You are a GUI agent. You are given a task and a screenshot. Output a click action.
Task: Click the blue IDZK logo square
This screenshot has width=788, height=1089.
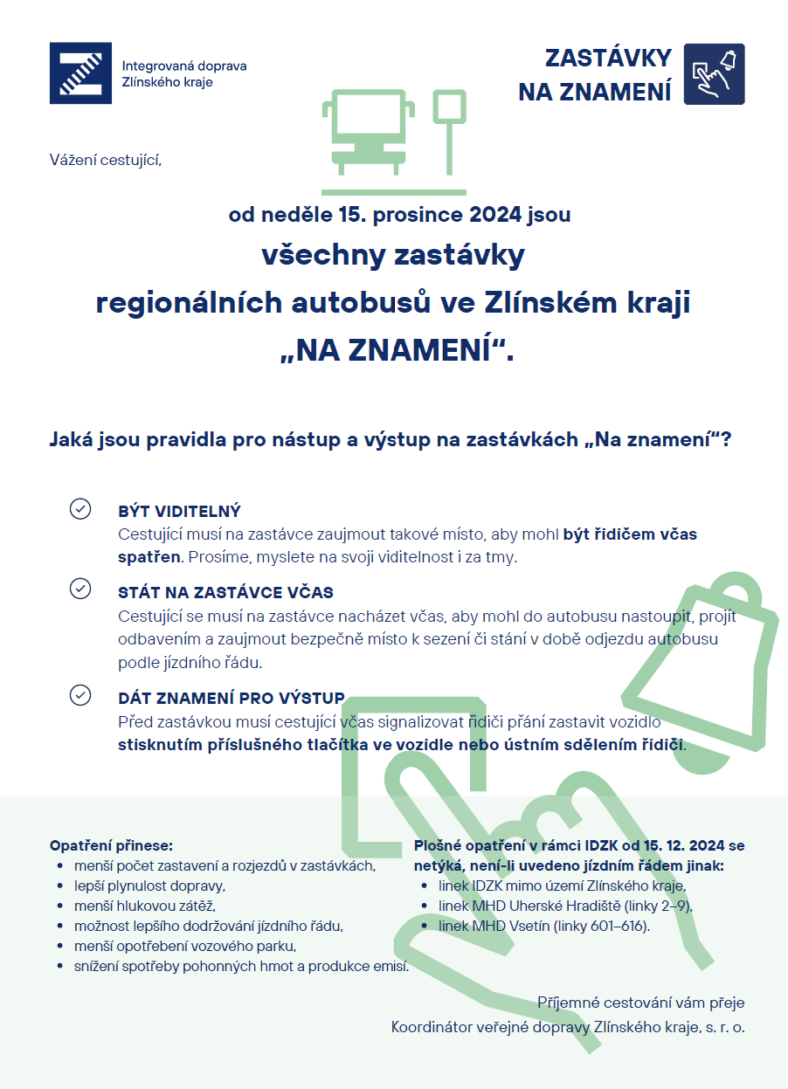click(80, 73)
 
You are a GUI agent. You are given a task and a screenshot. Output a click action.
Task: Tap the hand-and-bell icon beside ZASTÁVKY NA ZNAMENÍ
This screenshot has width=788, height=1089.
click(714, 74)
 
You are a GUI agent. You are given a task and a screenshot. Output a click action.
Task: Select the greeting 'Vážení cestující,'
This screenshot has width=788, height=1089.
click(106, 159)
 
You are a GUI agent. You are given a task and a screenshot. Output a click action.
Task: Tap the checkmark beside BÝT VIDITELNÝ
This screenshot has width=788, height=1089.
click(80, 509)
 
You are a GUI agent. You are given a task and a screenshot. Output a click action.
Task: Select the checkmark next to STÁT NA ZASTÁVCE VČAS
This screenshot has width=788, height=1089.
click(80, 589)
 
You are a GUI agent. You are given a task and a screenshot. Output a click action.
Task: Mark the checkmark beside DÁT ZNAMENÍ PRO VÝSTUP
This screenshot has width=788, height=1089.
click(80, 694)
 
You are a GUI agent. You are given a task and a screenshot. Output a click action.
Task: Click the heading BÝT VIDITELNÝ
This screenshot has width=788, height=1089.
click(179, 511)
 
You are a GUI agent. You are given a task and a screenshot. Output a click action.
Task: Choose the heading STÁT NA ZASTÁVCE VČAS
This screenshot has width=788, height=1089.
click(225, 592)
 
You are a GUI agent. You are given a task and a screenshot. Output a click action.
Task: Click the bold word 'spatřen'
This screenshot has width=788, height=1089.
click(149, 556)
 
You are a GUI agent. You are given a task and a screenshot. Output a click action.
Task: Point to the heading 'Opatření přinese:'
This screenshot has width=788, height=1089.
click(111, 845)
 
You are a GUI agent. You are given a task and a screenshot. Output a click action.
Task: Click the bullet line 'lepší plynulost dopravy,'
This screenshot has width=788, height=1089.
click(149, 886)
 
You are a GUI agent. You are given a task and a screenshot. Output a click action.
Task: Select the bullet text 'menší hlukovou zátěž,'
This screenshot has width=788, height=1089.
click(144, 906)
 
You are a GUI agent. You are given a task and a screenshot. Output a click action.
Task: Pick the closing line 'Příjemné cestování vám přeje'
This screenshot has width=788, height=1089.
click(640, 1003)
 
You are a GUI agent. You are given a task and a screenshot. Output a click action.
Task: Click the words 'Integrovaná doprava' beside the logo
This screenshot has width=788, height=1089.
click(184, 66)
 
